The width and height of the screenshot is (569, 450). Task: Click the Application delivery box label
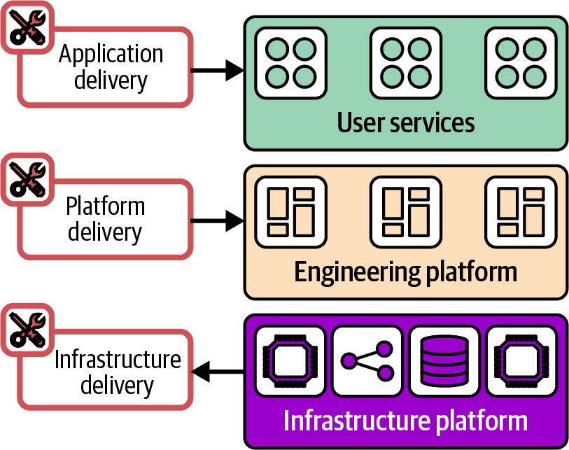click(x=111, y=67)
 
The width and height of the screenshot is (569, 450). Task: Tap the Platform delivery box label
click(x=105, y=219)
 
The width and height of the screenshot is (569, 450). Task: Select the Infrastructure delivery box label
click(x=117, y=372)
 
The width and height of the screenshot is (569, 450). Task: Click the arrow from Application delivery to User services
click(x=217, y=69)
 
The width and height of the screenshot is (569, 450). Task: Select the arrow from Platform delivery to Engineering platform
click(x=217, y=221)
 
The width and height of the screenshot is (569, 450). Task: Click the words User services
click(x=406, y=123)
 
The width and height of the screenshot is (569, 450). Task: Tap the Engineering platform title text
click(x=406, y=272)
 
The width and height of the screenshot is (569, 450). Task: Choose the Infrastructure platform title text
click(x=406, y=421)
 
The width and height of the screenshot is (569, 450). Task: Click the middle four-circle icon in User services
click(x=406, y=62)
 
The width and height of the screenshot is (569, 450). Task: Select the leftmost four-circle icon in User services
click(x=290, y=62)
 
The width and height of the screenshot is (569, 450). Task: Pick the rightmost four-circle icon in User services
click(x=521, y=62)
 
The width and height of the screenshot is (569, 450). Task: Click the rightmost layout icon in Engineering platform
click(x=521, y=212)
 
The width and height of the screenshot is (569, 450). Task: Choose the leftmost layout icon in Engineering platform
click(x=290, y=212)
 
